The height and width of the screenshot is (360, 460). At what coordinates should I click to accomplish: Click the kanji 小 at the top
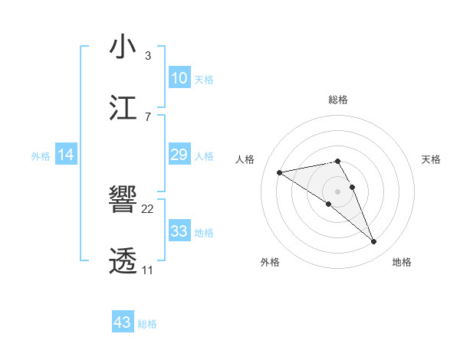(x=123, y=47)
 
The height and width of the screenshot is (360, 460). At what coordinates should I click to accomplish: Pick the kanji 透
(x=123, y=261)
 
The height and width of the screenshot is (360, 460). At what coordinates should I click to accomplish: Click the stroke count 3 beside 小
(x=147, y=56)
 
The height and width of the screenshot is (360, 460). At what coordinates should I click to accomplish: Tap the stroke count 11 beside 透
(x=147, y=270)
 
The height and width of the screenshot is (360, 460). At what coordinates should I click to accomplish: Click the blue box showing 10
(x=179, y=78)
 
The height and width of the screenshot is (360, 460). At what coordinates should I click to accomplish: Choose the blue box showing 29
(x=179, y=155)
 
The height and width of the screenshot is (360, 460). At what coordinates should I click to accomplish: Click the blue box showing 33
(x=179, y=231)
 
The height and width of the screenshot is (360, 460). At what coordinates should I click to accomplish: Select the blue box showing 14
(x=66, y=155)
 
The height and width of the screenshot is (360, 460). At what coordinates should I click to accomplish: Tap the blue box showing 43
(x=123, y=322)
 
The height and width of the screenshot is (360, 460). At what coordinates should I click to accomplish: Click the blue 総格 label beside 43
(x=147, y=324)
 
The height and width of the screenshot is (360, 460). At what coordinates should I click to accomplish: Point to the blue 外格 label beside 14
(x=41, y=156)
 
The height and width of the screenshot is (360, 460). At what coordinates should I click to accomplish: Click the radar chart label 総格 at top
(x=338, y=100)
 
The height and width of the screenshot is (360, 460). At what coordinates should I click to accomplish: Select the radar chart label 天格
(x=431, y=159)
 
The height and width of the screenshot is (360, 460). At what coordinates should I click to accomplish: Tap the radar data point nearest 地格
(x=374, y=242)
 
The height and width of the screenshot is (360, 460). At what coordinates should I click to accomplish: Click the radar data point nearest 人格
(x=280, y=172)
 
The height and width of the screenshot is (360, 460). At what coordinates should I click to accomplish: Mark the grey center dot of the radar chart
(x=338, y=191)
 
